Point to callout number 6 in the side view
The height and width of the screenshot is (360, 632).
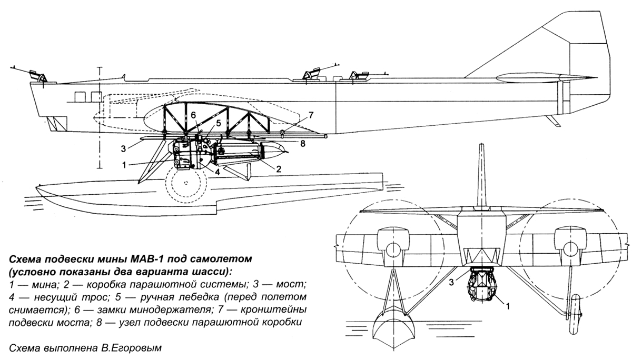coord(193,115)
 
